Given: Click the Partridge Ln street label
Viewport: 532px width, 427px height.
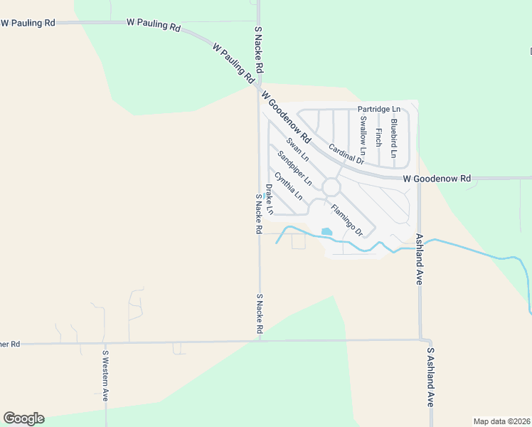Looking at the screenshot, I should [x=379, y=109].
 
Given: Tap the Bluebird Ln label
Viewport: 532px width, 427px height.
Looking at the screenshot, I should [x=393, y=134].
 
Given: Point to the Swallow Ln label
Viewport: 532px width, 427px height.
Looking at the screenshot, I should [x=363, y=135].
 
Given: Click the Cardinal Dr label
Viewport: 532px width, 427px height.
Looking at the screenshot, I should [x=346, y=154].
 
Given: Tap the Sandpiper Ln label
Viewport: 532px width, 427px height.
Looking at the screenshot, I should [x=290, y=167].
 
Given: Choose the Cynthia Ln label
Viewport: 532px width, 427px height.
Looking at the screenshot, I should [x=289, y=186].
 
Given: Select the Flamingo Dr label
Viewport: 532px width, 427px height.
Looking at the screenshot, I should [x=347, y=221].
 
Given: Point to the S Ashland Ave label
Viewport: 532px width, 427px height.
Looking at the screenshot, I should [x=430, y=376].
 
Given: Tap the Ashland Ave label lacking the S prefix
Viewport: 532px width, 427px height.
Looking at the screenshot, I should [x=420, y=259].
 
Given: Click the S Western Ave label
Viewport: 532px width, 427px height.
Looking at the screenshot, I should [x=105, y=375].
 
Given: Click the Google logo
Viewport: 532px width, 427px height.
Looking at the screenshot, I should [x=23, y=418].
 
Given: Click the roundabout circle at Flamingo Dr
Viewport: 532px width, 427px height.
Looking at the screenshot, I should [x=331, y=187].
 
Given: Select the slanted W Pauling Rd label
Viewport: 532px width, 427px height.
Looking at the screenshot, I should [x=233, y=64].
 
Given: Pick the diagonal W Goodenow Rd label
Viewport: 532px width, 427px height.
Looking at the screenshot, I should [x=286, y=115].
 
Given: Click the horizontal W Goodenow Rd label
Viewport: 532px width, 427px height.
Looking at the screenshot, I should [x=437, y=178].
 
